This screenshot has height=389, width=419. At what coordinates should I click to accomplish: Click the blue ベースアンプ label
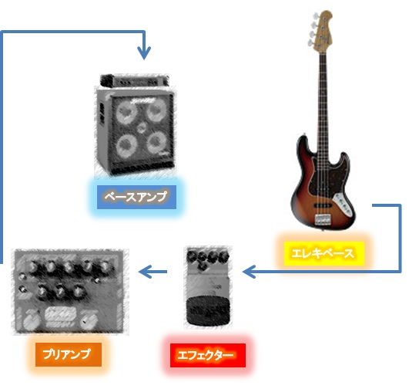pos(136,197)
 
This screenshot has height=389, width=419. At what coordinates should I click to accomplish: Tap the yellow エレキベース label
pos(323,253)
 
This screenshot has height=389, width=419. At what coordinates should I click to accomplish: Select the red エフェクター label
pos(208,355)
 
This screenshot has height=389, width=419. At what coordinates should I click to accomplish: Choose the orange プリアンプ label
pos(69,354)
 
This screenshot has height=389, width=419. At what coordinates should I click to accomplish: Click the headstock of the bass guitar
pos(322,29)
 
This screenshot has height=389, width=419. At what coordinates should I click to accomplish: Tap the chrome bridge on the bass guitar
pos(323,219)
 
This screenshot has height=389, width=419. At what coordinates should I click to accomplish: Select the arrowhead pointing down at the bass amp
pos(144,52)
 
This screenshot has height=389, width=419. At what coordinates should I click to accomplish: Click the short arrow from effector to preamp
pos(153,272)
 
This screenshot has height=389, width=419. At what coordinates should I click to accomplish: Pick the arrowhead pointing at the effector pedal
pos(249,272)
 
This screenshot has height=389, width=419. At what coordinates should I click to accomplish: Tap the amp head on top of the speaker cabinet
pos(135,80)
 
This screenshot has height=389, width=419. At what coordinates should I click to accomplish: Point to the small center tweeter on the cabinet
pos(142,128)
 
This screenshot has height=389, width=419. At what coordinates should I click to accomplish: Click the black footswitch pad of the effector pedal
pos(208,310)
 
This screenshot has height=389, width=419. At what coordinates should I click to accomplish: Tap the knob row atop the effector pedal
pos(208,257)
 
